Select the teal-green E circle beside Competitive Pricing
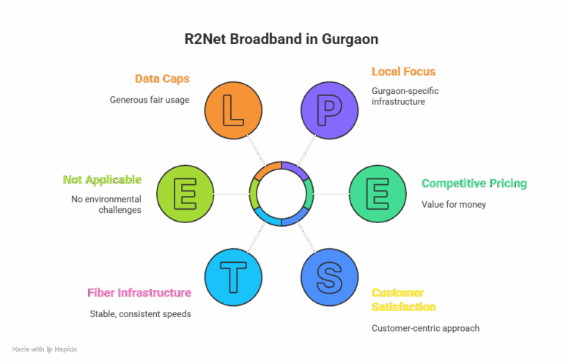378,194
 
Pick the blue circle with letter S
329,277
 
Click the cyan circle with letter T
233,277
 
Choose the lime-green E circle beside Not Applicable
185,194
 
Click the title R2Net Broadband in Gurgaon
281,39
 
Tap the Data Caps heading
162,79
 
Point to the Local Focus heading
403,71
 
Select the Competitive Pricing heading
474,183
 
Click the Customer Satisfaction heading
404,299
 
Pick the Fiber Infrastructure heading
139,293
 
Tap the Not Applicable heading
102,180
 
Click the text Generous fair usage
150,99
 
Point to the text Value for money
454,204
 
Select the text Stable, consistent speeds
140,313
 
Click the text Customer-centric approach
425,328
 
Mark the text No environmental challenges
106,204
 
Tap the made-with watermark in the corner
44,349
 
